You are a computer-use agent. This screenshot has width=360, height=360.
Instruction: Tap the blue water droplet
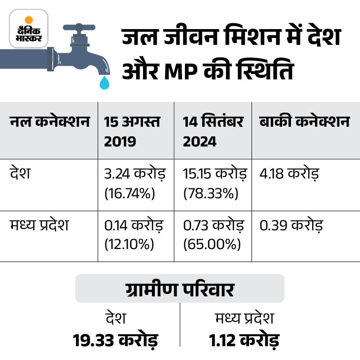pyautogui.click(x=104, y=83)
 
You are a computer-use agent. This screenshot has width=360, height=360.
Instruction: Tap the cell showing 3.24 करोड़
pyautogui.click(x=135, y=175)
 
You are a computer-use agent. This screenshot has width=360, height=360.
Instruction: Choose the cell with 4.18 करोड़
pyautogui.click(x=290, y=175)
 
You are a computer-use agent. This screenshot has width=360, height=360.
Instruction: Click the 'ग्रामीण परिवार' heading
pyautogui.click(x=180, y=289)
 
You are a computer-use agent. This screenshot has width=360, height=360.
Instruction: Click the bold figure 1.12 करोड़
pyautogui.click(x=244, y=341)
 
